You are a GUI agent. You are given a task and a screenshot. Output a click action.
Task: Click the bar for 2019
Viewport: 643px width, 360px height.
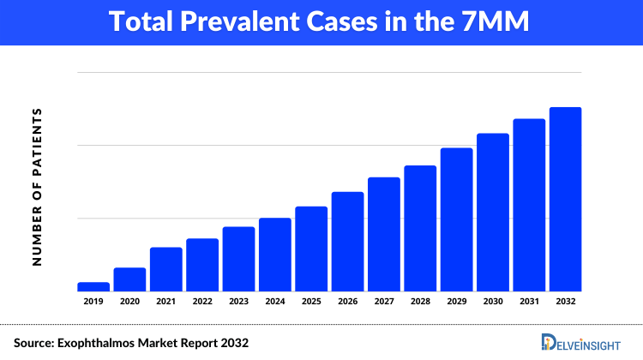click(x=93, y=286)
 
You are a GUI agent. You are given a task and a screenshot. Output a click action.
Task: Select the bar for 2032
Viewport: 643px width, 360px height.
click(x=565, y=199)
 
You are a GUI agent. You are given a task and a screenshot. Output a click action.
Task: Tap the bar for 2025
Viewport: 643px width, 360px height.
click(x=311, y=249)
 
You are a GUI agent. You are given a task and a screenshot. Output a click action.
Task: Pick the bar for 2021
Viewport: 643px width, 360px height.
click(x=165, y=269)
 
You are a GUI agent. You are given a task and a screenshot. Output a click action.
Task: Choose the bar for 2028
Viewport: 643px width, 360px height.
click(x=420, y=228)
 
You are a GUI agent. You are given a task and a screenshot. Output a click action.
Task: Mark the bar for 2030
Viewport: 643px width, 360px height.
click(x=493, y=212)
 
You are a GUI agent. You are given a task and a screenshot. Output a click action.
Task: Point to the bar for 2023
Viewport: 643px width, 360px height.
click(x=238, y=259)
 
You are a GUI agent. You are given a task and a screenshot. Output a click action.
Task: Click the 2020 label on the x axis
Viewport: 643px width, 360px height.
click(x=129, y=302)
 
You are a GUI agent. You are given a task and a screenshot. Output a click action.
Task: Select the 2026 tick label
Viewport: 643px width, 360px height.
click(x=347, y=302)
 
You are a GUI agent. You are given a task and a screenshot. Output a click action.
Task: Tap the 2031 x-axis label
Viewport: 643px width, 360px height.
click(x=529, y=302)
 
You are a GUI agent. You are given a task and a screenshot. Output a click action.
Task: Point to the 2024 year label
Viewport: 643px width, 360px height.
click(x=275, y=302)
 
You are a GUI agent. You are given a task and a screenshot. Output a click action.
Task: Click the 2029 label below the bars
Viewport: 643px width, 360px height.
click(x=456, y=302)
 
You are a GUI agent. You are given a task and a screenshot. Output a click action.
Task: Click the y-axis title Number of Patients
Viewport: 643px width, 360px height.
click(x=37, y=186)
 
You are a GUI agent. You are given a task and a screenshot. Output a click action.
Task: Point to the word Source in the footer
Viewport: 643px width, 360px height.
click(x=32, y=343)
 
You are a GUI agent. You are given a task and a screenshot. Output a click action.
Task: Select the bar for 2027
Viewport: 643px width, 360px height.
click(x=384, y=234)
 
